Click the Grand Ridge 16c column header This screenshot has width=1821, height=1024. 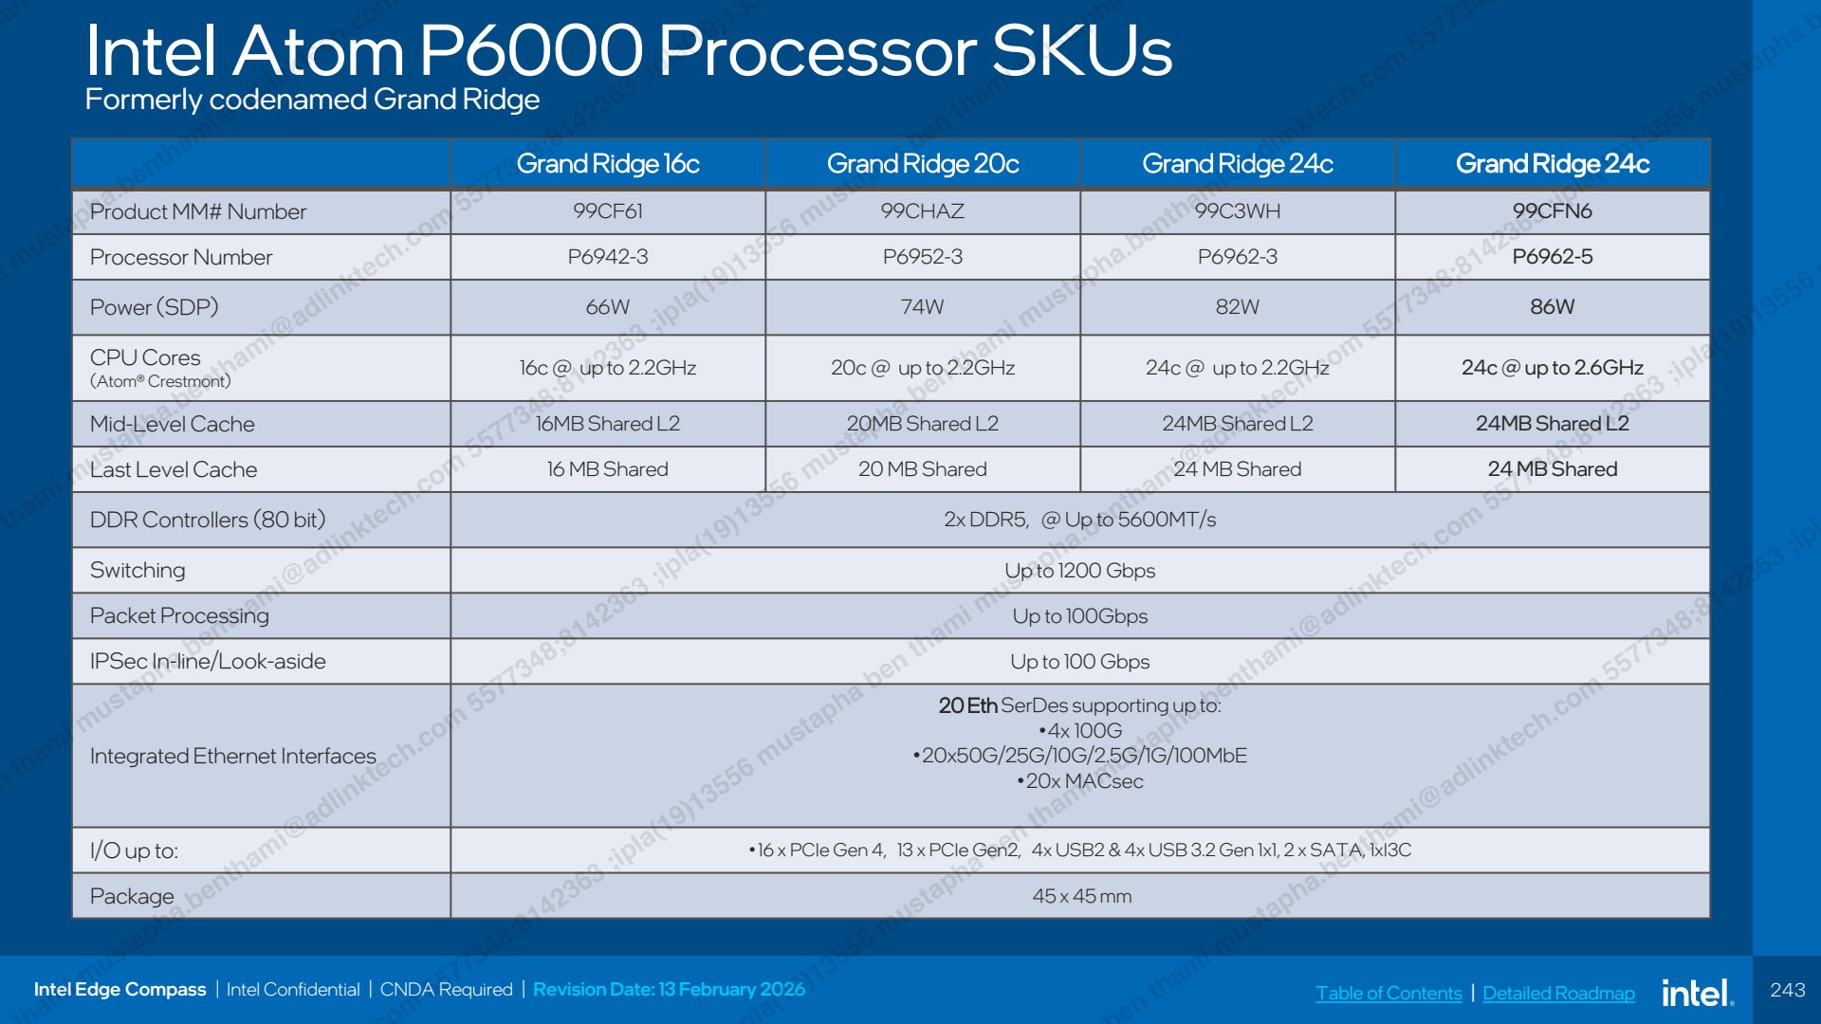[x=608, y=164]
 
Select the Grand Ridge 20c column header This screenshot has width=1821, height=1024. [x=923, y=164]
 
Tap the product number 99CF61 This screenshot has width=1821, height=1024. [x=608, y=210]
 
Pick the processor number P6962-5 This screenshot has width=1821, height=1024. [x=1553, y=256]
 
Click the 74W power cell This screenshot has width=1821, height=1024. [x=923, y=306]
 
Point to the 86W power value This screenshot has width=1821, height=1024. [x=1553, y=306]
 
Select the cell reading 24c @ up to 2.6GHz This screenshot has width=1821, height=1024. [x=1553, y=367]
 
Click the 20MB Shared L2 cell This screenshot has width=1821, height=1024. [x=923, y=423]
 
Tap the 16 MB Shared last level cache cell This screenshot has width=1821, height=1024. [x=608, y=468]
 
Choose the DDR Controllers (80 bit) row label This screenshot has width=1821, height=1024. [x=208, y=520]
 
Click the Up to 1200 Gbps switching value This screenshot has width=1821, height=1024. [x=1080, y=570]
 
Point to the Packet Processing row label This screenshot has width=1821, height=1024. [x=179, y=615]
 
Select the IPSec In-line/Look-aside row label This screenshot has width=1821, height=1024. [x=208, y=661]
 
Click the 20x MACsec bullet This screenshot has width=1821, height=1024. [x=1080, y=781]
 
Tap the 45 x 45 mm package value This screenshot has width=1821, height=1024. [x=1082, y=896]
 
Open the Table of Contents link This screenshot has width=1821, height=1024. [x=1389, y=993]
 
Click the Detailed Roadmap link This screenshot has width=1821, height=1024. [x=1558, y=993]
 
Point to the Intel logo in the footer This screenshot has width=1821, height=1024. [x=1698, y=992]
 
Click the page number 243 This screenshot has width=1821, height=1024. [x=1788, y=990]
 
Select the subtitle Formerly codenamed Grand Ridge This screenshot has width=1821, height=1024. [x=313, y=100]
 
